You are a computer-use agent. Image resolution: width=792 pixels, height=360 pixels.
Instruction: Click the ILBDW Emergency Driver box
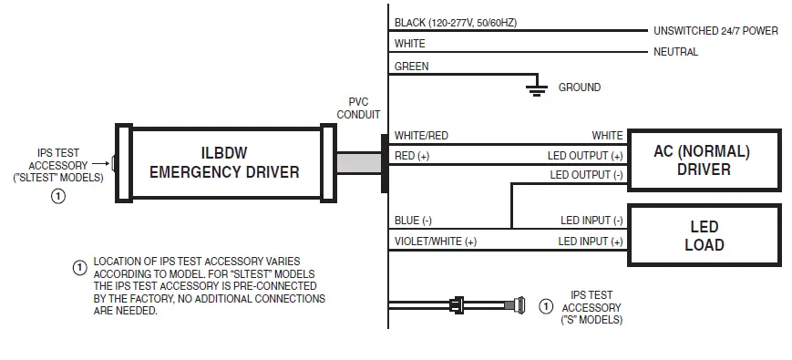(x=223, y=162)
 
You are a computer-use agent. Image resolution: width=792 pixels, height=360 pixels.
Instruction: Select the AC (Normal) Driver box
(x=704, y=159)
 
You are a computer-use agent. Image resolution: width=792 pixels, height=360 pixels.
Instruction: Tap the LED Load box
(x=704, y=235)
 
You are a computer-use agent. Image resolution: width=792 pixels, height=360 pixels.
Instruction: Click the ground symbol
(x=537, y=87)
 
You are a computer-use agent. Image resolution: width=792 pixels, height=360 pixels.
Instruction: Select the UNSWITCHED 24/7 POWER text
(x=715, y=31)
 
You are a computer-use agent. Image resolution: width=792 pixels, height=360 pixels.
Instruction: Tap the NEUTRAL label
(x=675, y=52)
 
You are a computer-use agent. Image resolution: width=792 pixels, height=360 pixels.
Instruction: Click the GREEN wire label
(x=411, y=66)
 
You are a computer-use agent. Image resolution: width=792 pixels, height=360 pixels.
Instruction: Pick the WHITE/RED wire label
(x=421, y=136)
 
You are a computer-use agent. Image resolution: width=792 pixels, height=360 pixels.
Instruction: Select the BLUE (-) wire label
(x=413, y=220)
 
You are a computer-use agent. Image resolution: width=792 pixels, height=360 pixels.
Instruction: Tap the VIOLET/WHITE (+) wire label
(x=435, y=242)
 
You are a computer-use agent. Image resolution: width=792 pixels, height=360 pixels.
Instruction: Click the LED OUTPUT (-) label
(x=586, y=174)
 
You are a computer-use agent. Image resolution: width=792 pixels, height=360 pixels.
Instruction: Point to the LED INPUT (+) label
(x=590, y=242)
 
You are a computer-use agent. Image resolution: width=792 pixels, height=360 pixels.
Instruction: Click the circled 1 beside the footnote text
(x=79, y=268)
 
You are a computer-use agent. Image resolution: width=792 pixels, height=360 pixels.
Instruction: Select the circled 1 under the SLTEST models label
(x=57, y=195)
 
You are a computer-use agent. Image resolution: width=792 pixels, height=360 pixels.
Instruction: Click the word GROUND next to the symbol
(x=580, y=87)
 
